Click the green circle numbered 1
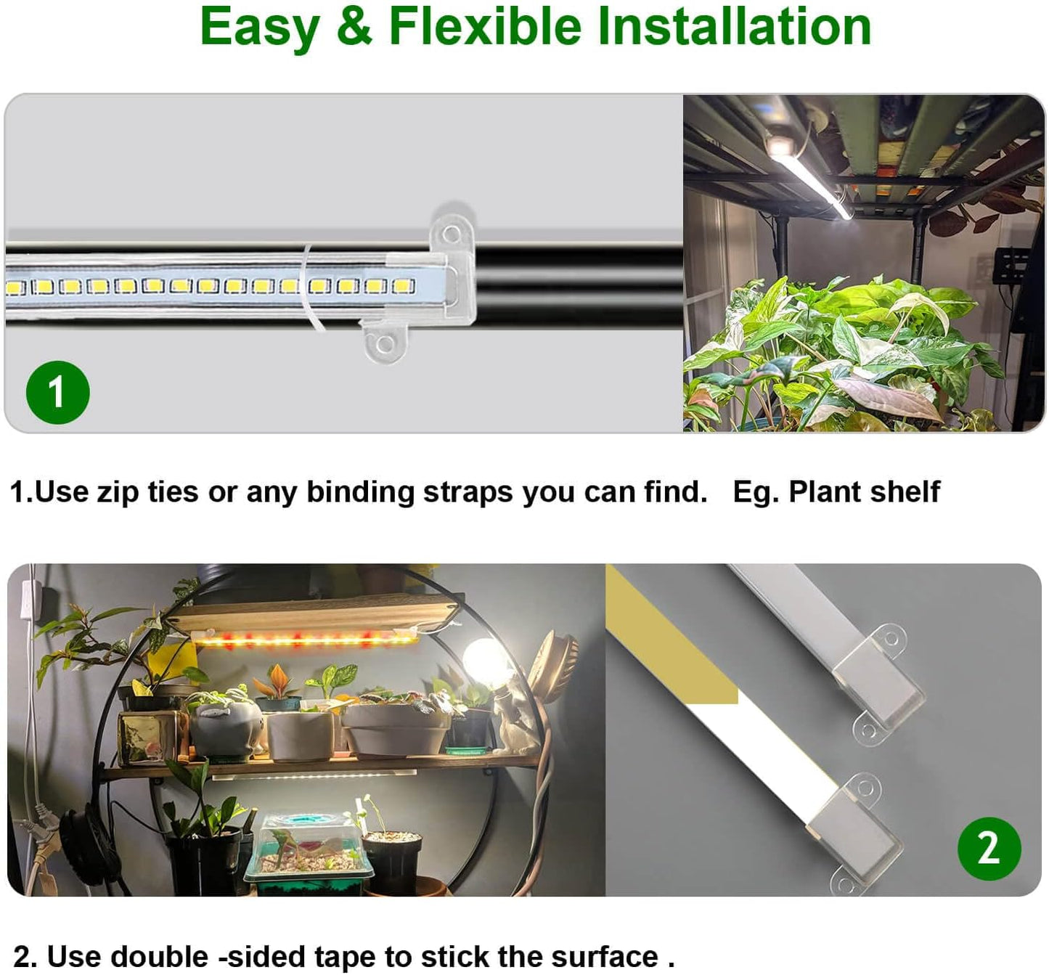pos(57,392)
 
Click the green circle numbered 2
pos(989,848)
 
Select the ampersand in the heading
pos(354,27)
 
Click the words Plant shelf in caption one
pos(864,492)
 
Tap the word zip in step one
pos(118,492)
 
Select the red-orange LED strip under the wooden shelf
pos(305,639)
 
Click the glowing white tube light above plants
pos(809,178)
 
